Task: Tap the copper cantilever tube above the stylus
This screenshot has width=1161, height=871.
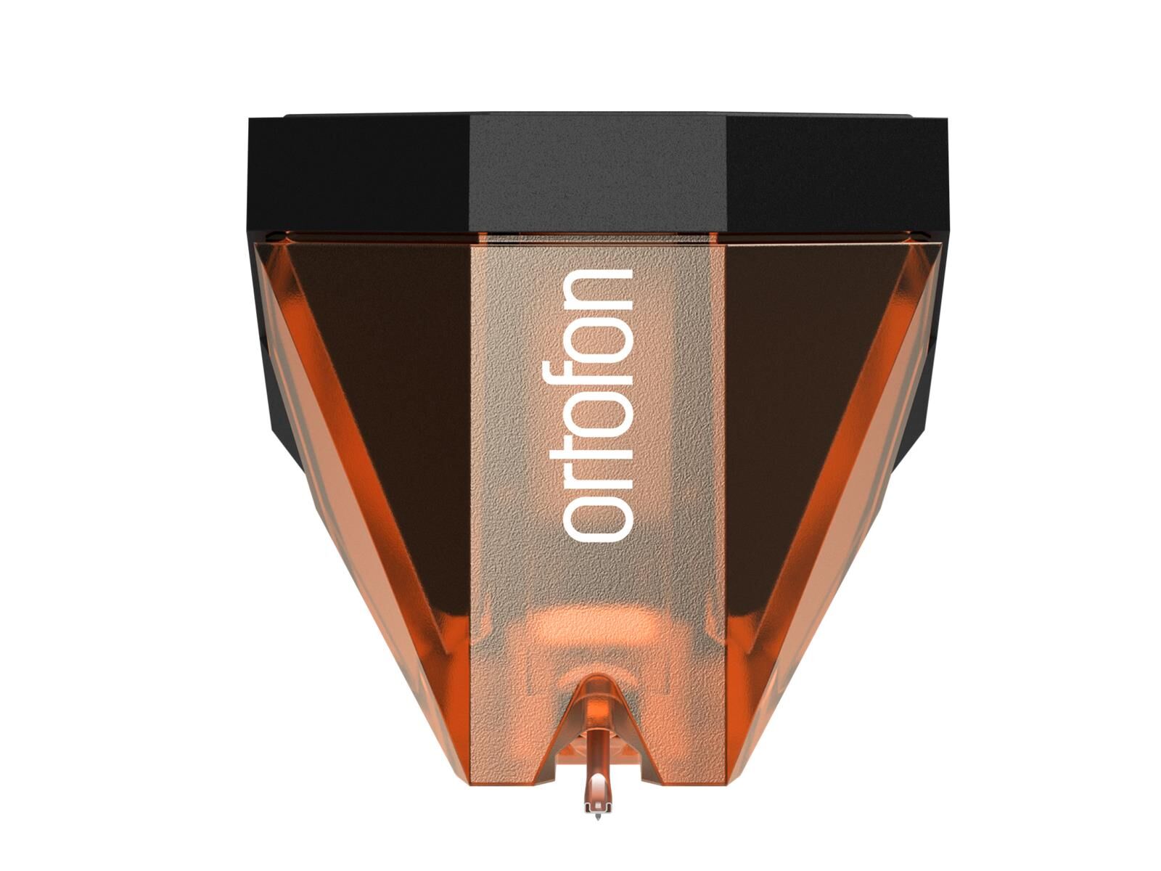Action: pos(596,762)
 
